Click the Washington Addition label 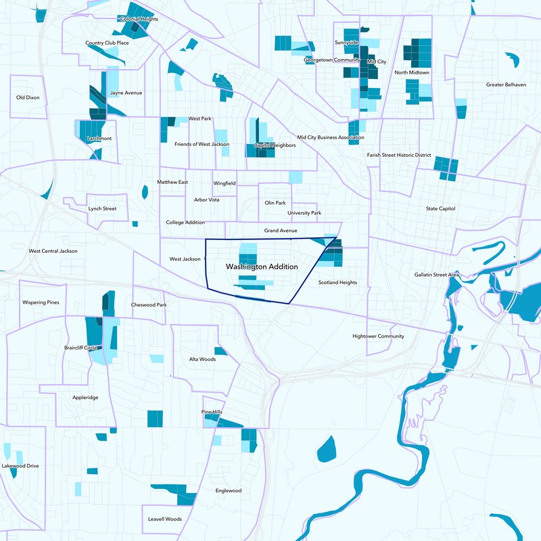pyautogui.click(x=263, y=267)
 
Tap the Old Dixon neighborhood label pyautogui.click(x=28, y=98)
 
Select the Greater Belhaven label pyautogui.click(x=506, y=85)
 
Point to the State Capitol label pyautogui.click(x=440, y=208)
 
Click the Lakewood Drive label pyautogui.click(x=20, y=466)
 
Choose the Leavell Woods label pyautogui.click(x=166, y=519)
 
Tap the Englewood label pyautogui.click(x=228, y=491)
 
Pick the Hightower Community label pyautogui.click(x=378, y=336)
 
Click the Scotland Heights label pyautogui.click(x=337, y=283)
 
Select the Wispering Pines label pyautogui.click(x=41, y=302)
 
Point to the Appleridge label pyautogui.click(x=85, y=398)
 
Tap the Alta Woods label pyautogui.click(x=202, y=359)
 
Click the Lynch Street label pyautogui.click(x=102, y=209)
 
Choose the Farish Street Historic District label pyautogui.click(x=399, y=155)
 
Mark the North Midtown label pyautogui.click(x=412, y=72)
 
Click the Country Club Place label pyautogui.click(x=107, y=43)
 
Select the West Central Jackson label pyautogui.click(x=53, y=251)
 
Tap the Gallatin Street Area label pyautogui.click(x=437, y=275)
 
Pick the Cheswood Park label pyautogui.click(x=149, y=305)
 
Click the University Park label pyautogui.click(x=304, y=213)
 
